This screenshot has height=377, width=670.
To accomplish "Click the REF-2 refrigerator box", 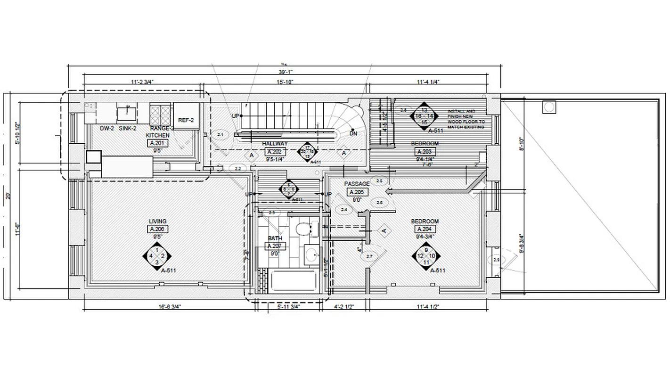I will [186, 120].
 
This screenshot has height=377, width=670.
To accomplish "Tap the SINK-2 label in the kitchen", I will [128, 128].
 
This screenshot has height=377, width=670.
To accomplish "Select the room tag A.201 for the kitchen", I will [157, 143].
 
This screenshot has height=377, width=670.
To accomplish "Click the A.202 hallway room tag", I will [276, 151].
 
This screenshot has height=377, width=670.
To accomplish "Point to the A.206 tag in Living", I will [157, 229].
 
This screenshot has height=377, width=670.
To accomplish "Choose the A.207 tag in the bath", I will [276, 246].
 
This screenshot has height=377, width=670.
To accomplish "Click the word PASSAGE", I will [357, 184].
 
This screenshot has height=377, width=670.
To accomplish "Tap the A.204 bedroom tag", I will [425, 229].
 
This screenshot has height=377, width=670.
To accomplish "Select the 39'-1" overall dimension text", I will [285, 72].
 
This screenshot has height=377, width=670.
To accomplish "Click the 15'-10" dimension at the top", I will [285, 82].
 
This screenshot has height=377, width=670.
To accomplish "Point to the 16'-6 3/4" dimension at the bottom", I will [169, 307].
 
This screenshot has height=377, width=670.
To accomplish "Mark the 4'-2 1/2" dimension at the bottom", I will [344, 307].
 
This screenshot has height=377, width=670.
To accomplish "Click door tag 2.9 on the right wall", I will [496, 260].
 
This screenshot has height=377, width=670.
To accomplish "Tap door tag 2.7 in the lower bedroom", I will [369, 256].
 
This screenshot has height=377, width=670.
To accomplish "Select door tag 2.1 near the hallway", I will [220, 135].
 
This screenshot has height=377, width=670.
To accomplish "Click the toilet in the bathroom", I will [302, 229].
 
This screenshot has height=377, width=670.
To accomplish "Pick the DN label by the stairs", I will [353, 133].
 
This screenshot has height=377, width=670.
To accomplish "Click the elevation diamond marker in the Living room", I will [157, 256].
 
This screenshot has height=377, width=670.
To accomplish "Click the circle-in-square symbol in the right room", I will [549, 107].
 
